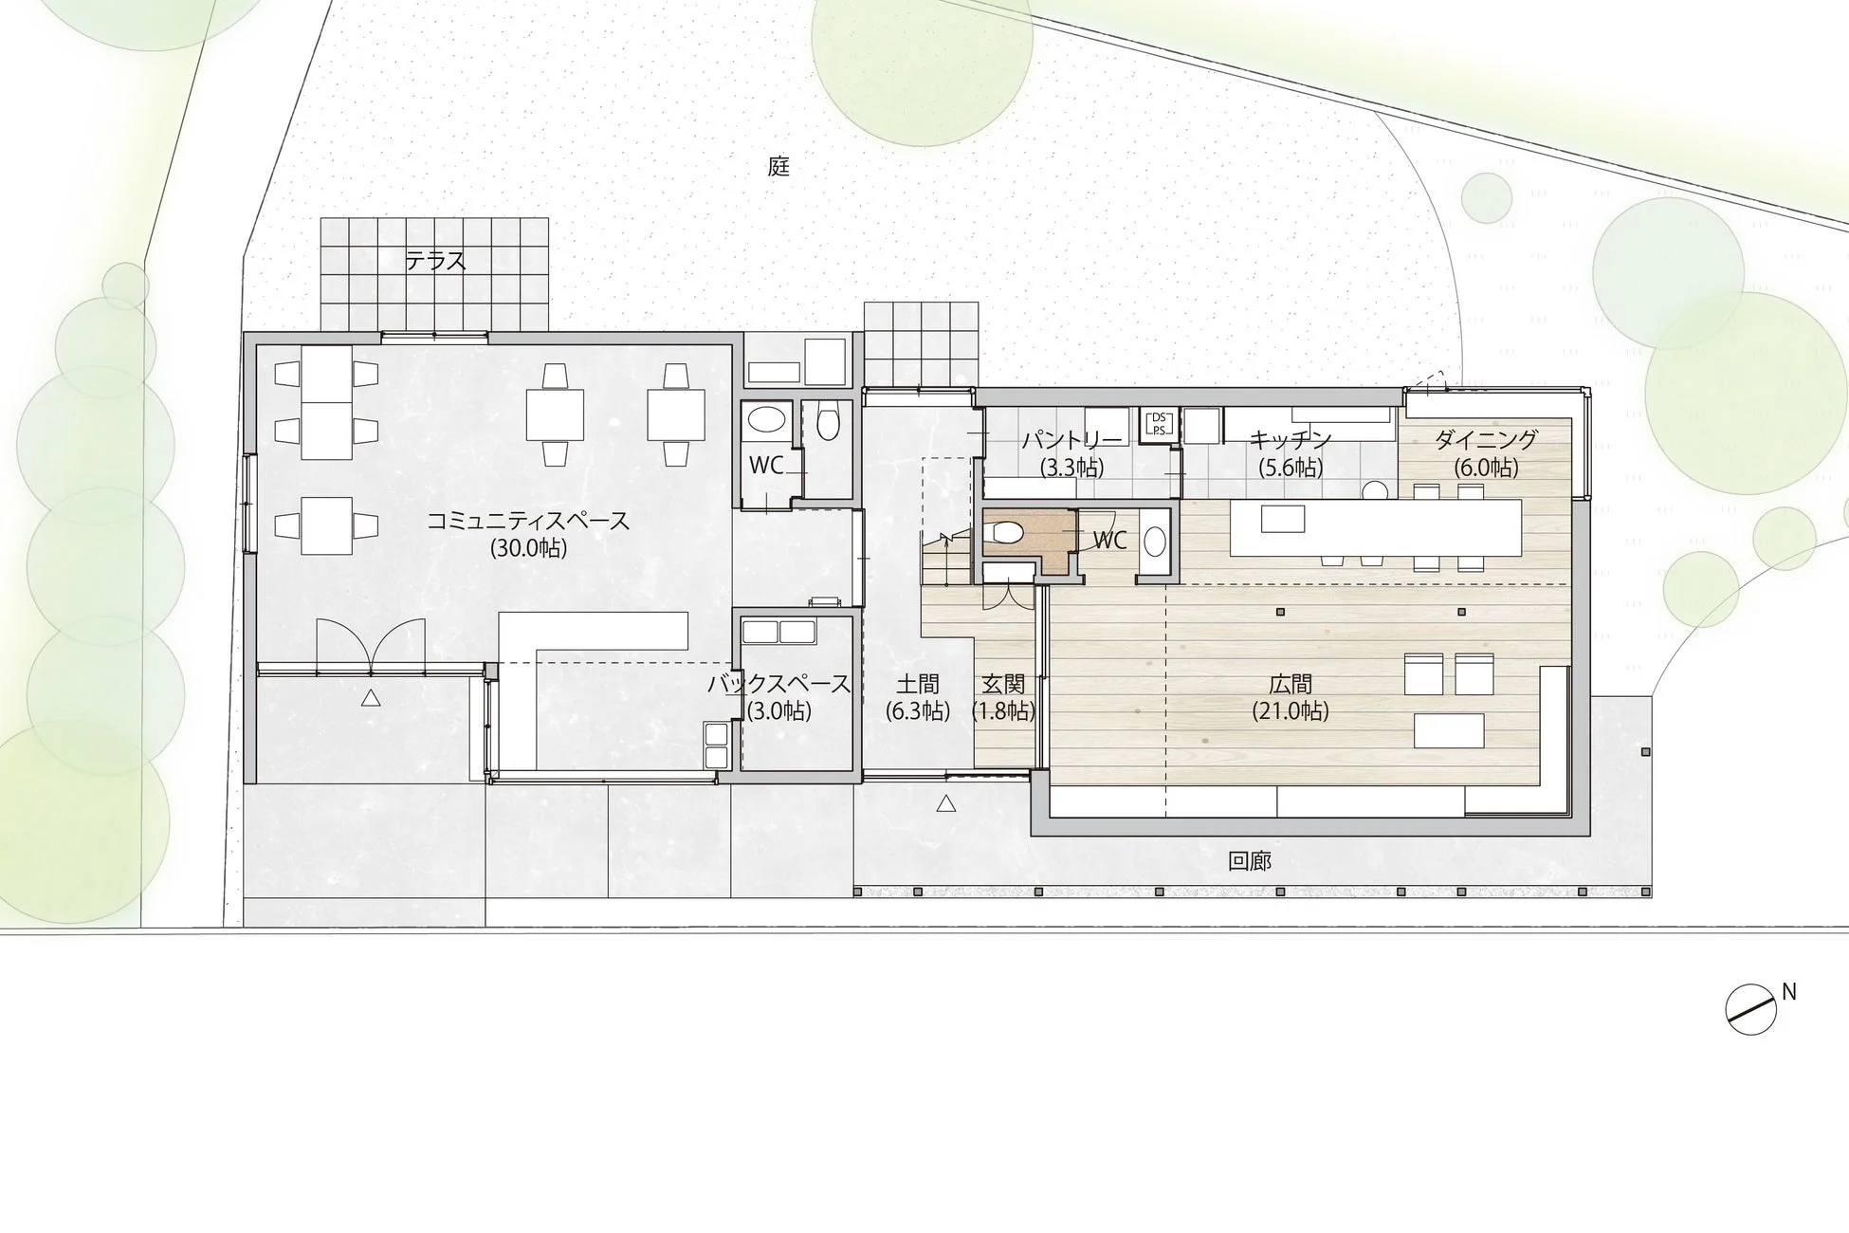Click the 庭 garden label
(778, 167)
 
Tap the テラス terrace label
(436, 260)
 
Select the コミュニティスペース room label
(528, 521)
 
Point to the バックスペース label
(778, 684)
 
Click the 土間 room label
(918, 684)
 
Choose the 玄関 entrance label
(1003, 684)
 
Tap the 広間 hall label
(1291, 684)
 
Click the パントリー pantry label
(1072, 440)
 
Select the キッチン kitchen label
(1291, 440)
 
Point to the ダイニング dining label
(1486, 440)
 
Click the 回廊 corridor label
(1250, 861)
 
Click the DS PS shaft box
(1158, 423)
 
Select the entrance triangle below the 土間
(945, 804)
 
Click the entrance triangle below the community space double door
(371, 699)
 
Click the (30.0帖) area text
(528, 548)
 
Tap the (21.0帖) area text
(1291, 710)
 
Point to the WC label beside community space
(766, 466)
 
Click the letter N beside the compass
(1789, 992)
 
